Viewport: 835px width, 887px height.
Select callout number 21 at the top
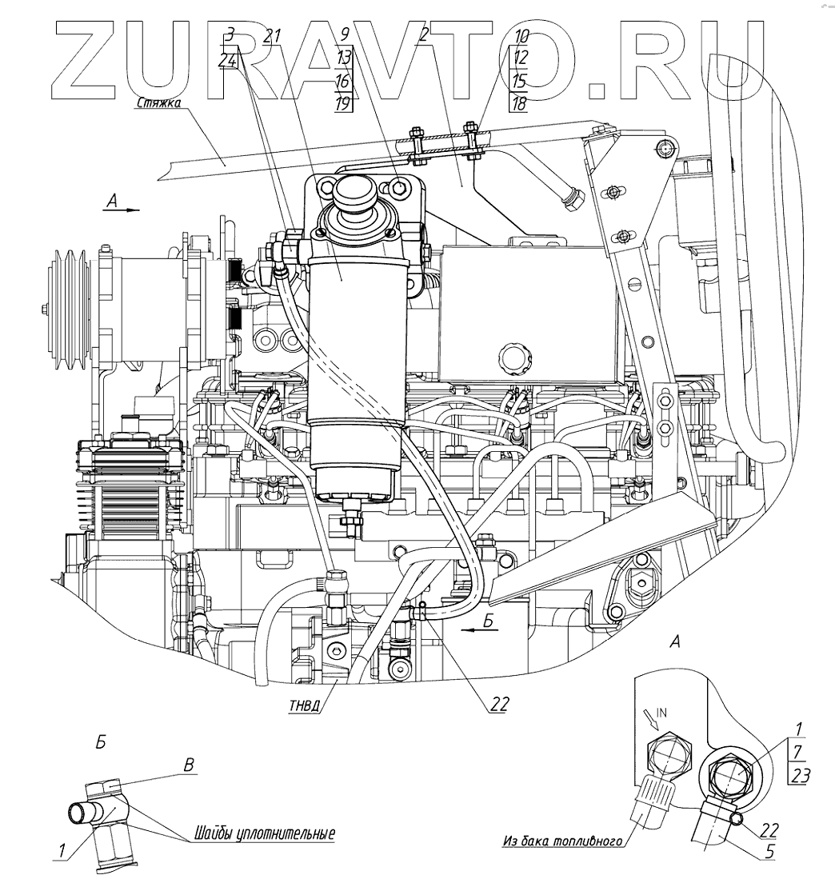pyautogui.click(x=273, y=35)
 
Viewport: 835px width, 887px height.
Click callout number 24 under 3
pyautogui.click(x=228, y=59)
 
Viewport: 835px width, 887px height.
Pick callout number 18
pyautogui.click(x=520, y=104)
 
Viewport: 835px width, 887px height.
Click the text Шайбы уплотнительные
pyautogui.click(x=263, y=833)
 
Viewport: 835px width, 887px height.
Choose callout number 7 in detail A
pyautogui.click(x=797, y=750)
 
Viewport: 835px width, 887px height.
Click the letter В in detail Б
pyautogui.click(x=190, y=765)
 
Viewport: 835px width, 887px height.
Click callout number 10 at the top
pyautogui.click(x=521, y=35)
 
